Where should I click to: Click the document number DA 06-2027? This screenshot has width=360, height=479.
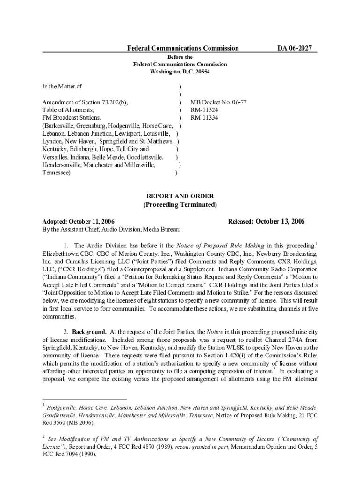pyautogui.click(x=295, y=48)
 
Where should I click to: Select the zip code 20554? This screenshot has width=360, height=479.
pyautogui.click(x=201, y=72)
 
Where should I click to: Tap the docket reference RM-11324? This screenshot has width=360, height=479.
pyautogui.click(x=203, y=109)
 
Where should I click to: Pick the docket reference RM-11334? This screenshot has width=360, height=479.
pyautogui.click(x=203, y=117)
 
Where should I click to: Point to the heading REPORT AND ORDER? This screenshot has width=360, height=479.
pyautogui.click(x=180, y=196)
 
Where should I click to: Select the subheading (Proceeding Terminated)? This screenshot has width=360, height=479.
pyautogui.click(x=180, y=205)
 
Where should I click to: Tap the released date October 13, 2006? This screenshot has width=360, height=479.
pyautogui.click(x=280, y=221)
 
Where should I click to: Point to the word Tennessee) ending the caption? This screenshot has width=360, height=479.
pyautogui.click(x=57, y=173)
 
